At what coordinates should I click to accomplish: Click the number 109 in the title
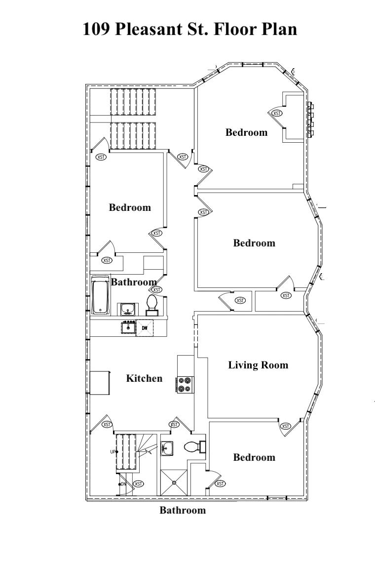point(96,29)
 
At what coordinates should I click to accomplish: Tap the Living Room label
point(258,365)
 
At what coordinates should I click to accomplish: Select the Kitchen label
point(144,378)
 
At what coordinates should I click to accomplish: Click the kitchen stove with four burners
point(185,385)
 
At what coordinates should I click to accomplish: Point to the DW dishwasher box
point(145,327)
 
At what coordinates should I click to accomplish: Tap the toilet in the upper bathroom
point(152,305)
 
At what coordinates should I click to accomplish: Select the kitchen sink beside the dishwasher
point(128,327)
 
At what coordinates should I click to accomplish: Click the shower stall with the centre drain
point(174,483)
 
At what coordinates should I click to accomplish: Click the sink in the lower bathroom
point(167,448)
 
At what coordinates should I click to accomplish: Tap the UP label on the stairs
point(113,452)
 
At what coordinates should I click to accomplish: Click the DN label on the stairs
point(123,484)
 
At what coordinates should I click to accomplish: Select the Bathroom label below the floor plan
point(183,510)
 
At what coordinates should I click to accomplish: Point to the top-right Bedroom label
point(246,132)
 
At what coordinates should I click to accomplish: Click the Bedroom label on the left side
point(130,207)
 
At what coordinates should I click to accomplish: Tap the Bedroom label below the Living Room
point(254,457)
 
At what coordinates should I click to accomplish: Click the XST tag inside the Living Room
point(286,426)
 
